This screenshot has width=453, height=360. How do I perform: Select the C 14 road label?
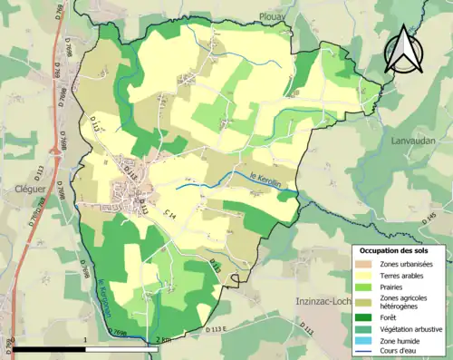tap(169, 214)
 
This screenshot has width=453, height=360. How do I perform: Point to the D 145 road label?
tap(428, 218)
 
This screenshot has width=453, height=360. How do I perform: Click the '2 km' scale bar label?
tap(160, 339)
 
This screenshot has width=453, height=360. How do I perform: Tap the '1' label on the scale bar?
tap(85, 339)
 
